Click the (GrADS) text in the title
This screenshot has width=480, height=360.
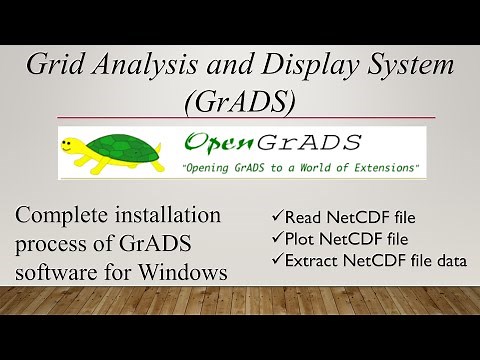(x=239, y=101)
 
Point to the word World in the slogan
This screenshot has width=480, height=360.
(x=310, y=166)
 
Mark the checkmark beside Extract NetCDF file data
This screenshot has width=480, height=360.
(x=278, y=262)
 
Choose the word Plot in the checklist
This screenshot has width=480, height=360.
(x=302, y=240)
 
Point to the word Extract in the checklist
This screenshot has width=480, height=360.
(x=313, y=262)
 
